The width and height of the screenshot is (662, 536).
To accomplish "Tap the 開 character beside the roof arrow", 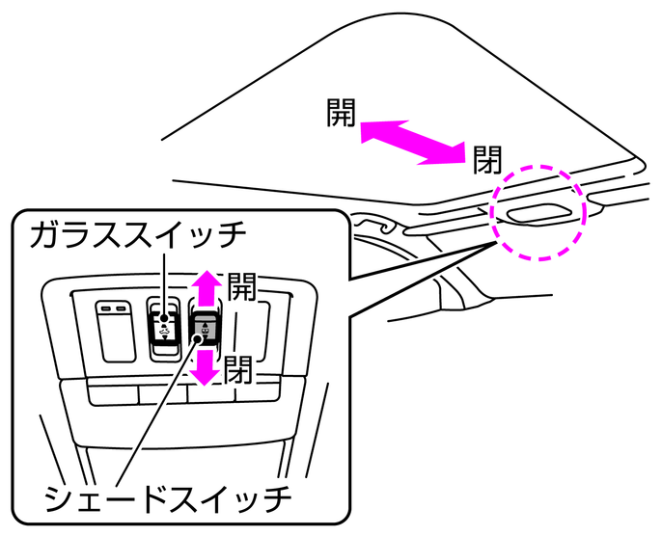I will point(342,115).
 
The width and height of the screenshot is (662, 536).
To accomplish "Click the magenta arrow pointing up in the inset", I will point(205,286).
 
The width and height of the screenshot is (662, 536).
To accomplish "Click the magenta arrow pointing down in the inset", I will point(205,367).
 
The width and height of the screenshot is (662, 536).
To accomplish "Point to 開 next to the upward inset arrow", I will point(240,286).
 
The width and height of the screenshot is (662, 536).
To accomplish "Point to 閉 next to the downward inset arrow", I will point(240,369).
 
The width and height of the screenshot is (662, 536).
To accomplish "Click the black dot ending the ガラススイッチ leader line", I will point(166,318).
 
